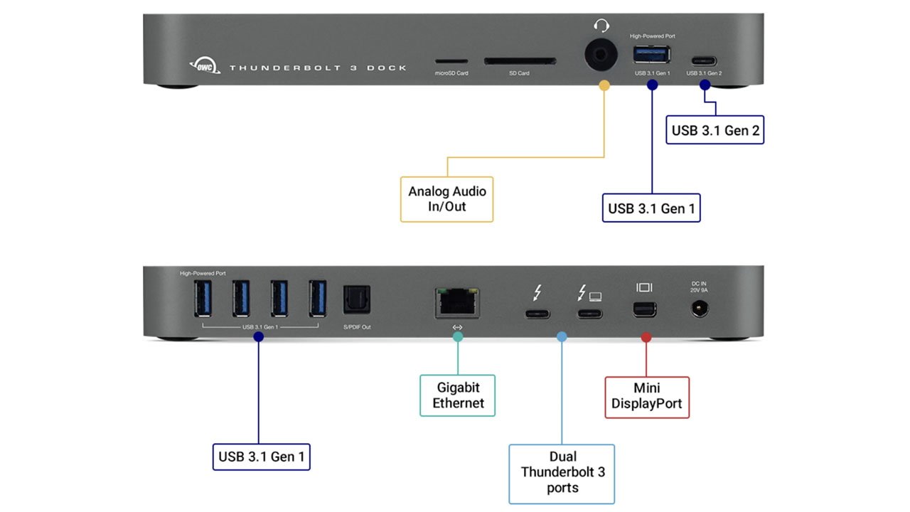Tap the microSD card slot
coord(451,62)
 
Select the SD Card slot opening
coord(519,62)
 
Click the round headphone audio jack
coord(601,54)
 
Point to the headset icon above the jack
coord(601,26)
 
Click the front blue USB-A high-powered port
coord(652,54)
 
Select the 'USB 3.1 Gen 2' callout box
coord(715,130)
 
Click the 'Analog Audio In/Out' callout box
coord(446,200)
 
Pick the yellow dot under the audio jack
coord(604,85)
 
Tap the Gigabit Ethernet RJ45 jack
coord(457,302)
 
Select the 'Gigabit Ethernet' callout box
coord(458,395)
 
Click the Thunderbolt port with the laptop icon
coord(589,313)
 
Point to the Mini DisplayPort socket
coord(646,309)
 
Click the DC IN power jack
coord(700,309)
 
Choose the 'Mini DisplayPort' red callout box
coord(647,397)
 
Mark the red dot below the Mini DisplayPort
coord(646,337)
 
